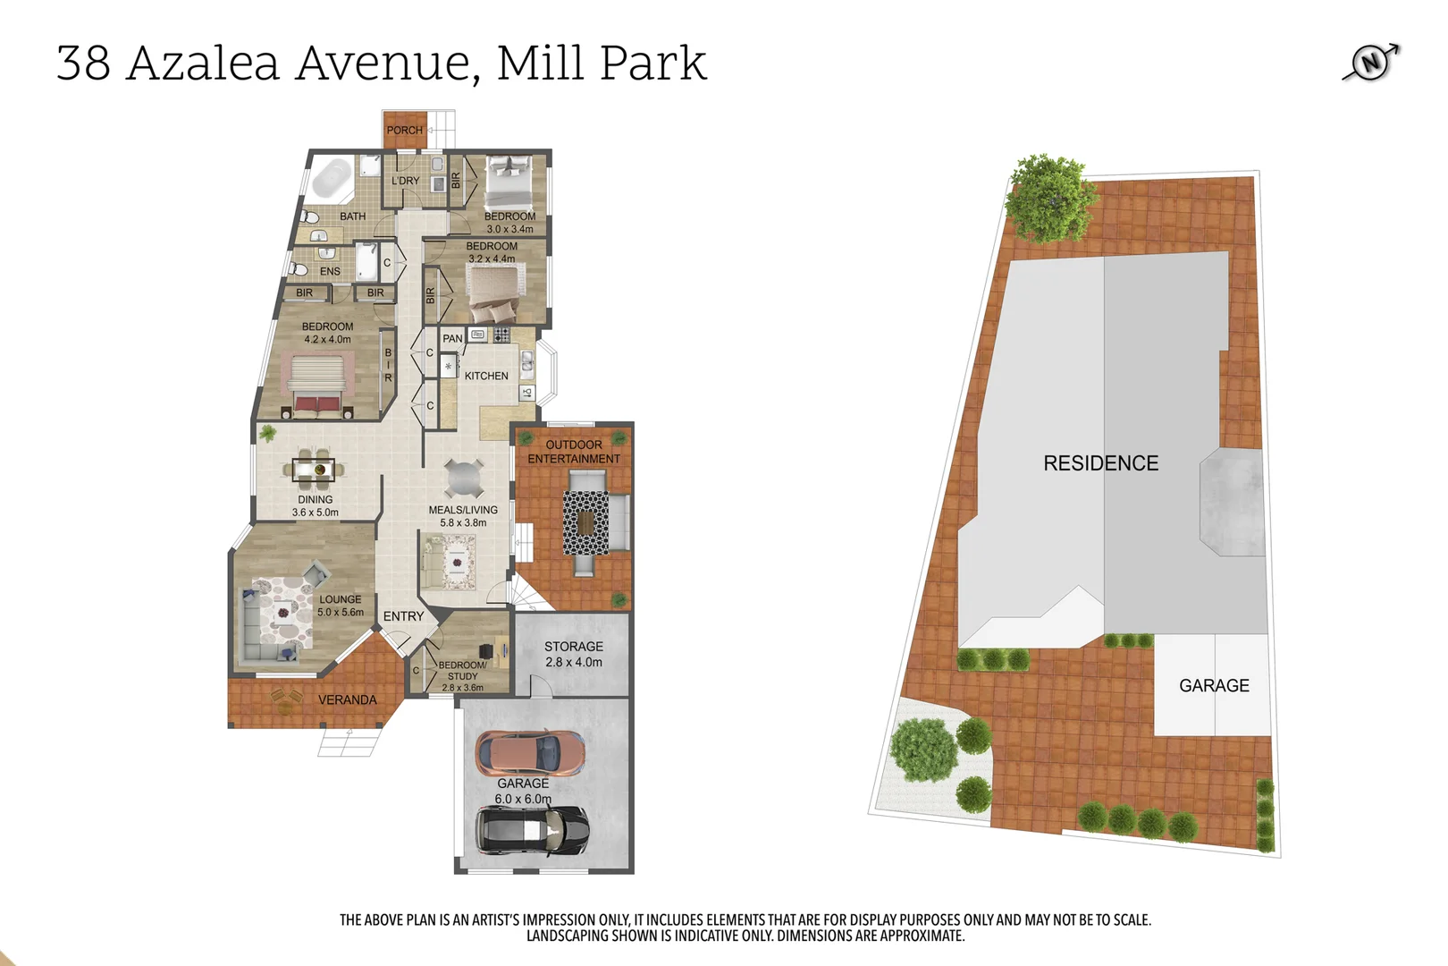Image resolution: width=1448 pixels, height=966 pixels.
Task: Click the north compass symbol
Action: pos(1371,62)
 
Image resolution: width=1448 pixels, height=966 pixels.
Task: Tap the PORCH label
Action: pos(404,131)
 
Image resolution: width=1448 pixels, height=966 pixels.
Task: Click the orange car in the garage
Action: pos(529,752)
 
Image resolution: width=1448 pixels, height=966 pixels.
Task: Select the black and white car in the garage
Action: pos(531,830)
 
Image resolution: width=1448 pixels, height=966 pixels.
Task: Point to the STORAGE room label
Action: pos(573,647)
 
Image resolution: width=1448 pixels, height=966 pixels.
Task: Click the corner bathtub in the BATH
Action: pos(332,178)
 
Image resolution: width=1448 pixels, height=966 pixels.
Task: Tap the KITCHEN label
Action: pos(486,377)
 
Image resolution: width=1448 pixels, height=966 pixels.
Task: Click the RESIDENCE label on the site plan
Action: pos(1100,463)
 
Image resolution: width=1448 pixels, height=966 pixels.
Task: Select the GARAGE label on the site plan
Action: pos(1213,686)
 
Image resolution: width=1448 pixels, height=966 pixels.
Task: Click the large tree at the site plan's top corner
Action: pos(1051,199)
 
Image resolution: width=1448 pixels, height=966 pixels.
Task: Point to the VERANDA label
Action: pos(347,700)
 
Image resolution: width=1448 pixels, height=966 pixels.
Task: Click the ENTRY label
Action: pos(403,617)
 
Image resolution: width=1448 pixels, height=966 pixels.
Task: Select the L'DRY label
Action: pos(405,181)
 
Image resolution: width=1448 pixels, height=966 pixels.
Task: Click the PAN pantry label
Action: pos(452,339)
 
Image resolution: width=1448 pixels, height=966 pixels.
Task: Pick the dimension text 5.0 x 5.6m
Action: pos(341,613)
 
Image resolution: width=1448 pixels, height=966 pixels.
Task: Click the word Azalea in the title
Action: pos(203,64)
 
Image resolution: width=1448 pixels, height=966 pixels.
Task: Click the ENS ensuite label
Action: pos(330,272)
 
